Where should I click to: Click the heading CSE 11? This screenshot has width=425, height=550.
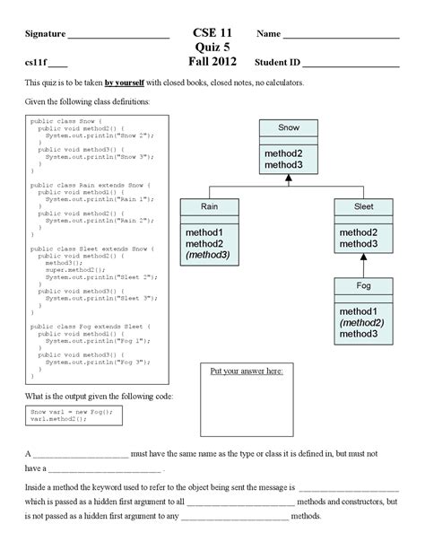(213, 32)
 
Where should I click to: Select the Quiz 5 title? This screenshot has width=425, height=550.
(212, 47)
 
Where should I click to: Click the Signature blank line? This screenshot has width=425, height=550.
(119, 38)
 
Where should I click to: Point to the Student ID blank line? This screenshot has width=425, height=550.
(351, 66)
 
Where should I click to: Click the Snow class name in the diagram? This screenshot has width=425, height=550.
(289, 128)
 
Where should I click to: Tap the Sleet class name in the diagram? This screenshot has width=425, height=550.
(364, 206)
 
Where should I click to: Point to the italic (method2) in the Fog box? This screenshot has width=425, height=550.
(362, 322)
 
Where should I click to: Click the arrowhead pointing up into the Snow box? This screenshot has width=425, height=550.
(289, 179)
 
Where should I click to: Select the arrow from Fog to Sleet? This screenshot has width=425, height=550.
(364, 264)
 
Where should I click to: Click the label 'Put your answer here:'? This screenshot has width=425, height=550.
(259, 371)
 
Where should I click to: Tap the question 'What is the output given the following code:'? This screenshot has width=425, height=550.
(100, 396)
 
